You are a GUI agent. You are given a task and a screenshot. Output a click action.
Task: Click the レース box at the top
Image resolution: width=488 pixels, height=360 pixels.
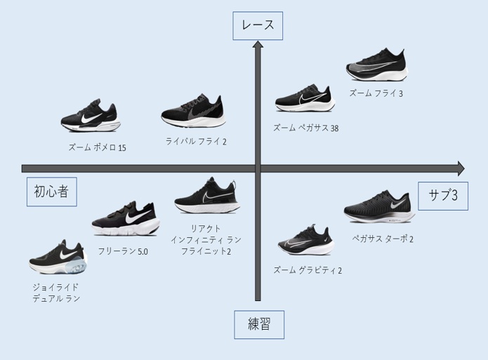pos(258,26)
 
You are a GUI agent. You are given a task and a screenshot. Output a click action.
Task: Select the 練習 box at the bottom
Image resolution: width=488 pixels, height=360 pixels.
pos(258,325)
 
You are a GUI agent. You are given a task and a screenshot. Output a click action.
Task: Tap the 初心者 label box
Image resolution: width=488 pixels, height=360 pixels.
pos(51,192)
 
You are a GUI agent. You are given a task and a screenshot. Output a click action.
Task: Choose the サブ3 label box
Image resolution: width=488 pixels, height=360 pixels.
pos(442,196)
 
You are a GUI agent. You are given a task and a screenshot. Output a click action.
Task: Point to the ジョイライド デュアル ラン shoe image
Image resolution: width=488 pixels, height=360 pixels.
pos(58,258)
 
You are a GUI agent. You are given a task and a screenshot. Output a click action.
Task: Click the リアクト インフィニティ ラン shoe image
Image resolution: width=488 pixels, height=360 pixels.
pos(206,196)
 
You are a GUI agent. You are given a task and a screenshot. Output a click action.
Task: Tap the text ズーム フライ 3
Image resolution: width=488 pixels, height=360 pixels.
pos(376,93)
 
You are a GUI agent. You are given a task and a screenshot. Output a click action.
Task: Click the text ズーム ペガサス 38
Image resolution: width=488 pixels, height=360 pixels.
pos(305,128)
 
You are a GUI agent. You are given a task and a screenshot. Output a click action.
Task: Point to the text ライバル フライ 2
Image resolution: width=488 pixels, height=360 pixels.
pos(196,141)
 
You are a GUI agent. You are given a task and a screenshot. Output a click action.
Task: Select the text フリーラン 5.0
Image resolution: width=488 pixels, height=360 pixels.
pos(123,251)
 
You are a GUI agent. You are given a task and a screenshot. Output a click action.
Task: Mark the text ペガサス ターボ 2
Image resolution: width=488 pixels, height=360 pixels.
pos(383,239)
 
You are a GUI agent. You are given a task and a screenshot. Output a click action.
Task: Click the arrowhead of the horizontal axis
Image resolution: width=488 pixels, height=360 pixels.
pos(460,168)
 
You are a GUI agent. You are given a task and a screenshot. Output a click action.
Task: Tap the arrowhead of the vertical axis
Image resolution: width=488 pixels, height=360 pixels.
pos(258,46)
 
